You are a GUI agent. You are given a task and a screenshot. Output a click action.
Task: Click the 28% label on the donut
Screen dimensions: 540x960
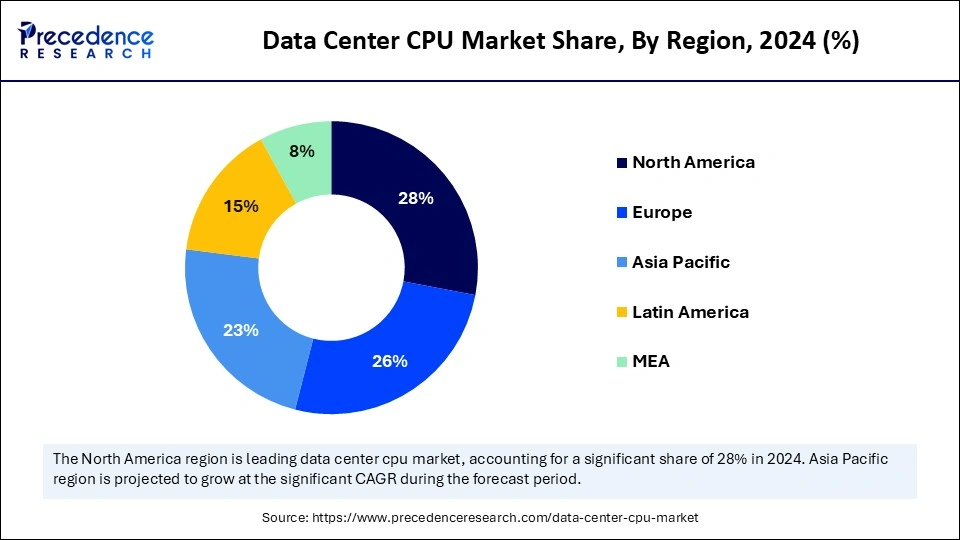415,198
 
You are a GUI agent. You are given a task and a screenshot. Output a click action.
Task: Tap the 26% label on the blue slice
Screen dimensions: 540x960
389,361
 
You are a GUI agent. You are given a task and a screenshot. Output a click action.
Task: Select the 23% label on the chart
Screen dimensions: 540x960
241,330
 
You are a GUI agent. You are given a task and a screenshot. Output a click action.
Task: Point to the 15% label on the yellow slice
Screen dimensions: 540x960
241,206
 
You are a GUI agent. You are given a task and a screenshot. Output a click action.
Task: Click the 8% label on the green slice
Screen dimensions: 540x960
301,151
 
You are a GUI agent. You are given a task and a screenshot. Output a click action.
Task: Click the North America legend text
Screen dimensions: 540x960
693,162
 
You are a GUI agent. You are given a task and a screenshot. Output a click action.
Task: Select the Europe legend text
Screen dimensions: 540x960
662,212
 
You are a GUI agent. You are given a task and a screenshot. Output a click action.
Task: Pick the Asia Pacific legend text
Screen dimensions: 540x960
681,262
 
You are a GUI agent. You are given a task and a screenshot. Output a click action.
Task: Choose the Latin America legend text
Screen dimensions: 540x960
690,312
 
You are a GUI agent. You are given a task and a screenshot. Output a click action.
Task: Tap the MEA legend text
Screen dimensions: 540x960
651,362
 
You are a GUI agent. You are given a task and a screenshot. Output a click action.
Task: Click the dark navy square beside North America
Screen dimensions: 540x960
622,163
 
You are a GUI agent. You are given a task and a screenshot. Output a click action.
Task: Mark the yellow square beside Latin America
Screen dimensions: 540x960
622,313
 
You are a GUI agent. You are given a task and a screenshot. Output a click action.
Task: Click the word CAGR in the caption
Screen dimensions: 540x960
337,480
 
